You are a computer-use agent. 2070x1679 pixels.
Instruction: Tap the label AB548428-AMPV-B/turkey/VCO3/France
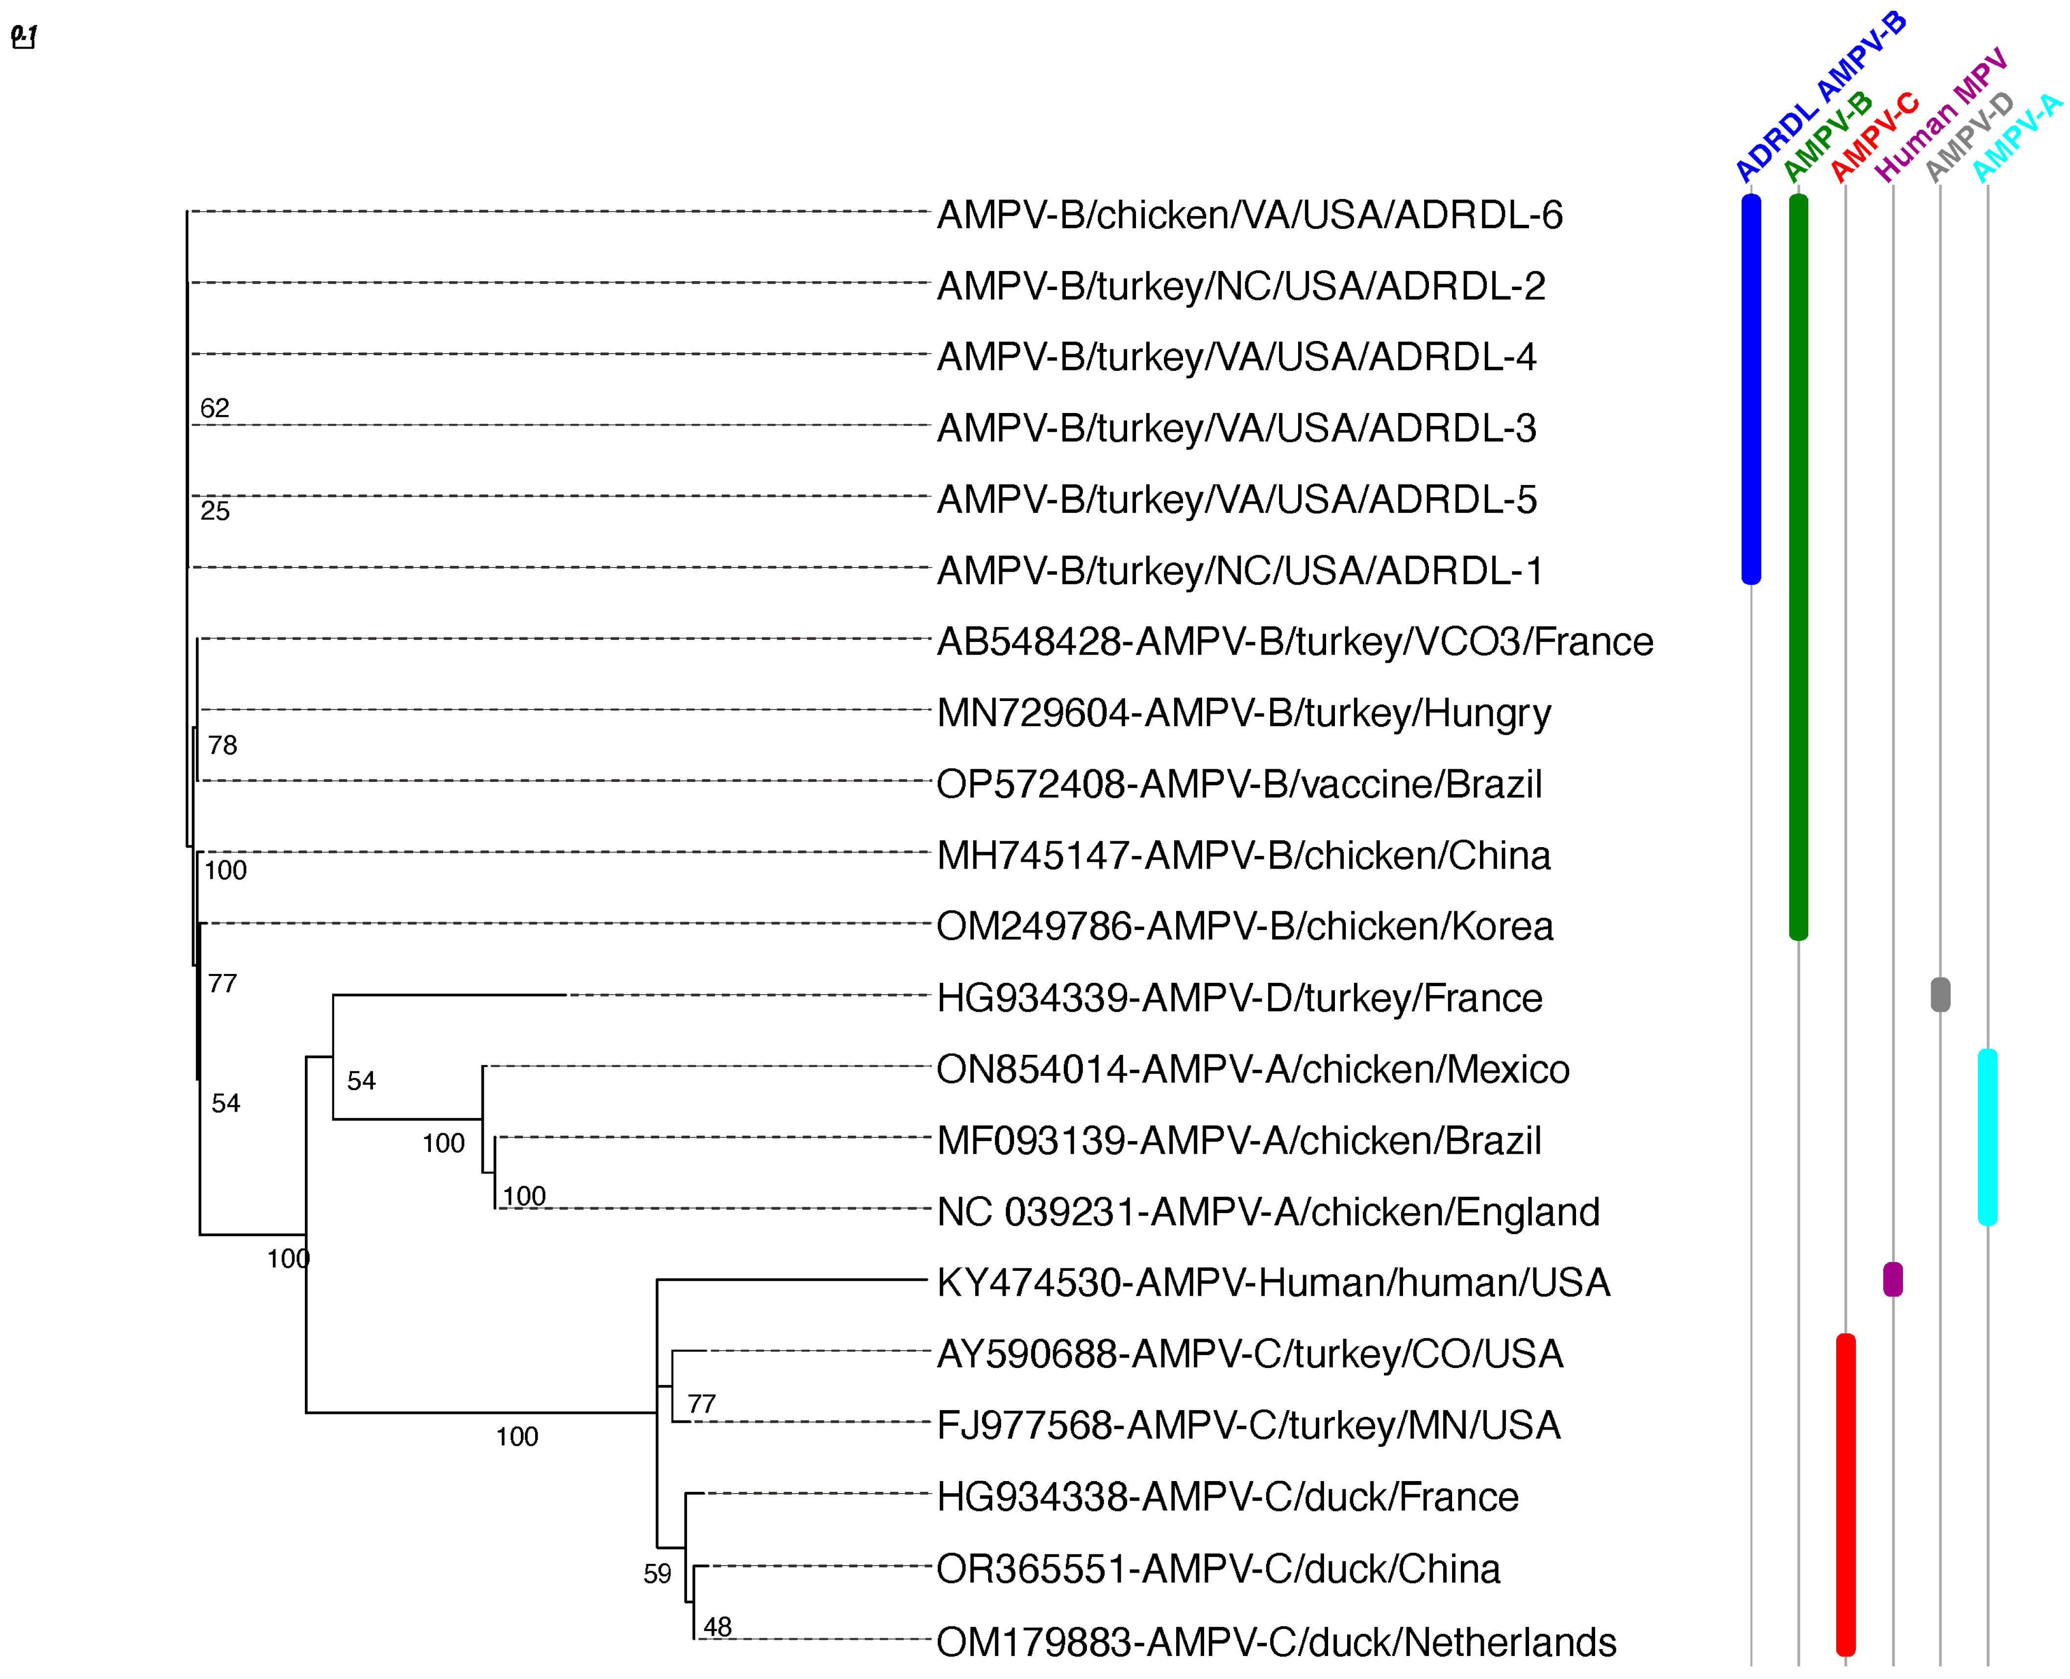[x=1294, y=642]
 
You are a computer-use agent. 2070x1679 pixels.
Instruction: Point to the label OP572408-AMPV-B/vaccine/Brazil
[x=1238, y=784]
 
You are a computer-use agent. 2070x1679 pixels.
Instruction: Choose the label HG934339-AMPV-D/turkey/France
[x=1239, y=998]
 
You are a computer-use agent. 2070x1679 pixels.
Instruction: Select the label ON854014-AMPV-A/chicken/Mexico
[x=1253, y=1070]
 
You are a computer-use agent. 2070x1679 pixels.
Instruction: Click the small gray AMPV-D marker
[x=1940, y=994]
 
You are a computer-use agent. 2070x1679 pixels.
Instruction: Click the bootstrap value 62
[x=215, y=408]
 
